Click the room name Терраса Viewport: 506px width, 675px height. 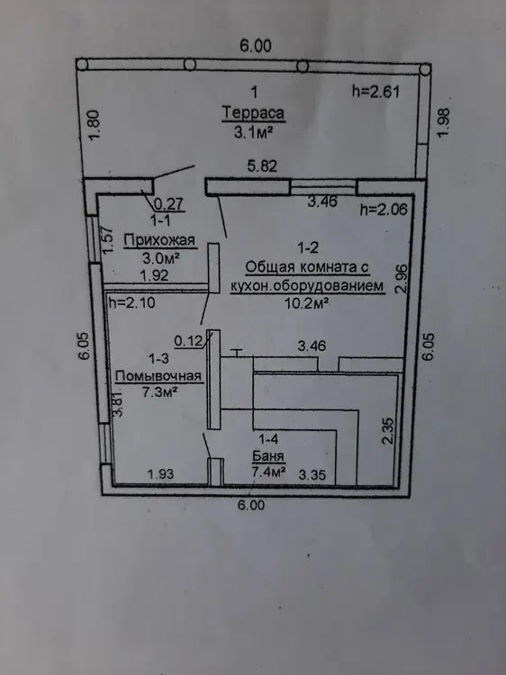253,113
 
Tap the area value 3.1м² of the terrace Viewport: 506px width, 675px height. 253,132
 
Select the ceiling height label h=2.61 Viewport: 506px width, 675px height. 376,92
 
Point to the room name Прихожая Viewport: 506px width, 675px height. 159,239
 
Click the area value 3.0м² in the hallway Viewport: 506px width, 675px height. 161,258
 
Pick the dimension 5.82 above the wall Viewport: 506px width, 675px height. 262,166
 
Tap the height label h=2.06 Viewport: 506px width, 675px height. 384,210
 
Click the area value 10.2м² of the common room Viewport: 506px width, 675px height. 307,303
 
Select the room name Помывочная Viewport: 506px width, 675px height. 158,376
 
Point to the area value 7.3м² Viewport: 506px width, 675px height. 160,392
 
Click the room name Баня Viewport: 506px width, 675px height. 268,456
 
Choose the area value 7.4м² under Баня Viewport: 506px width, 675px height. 269,472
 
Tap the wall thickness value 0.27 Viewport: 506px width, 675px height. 168,203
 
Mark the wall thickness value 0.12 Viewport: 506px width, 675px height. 188,341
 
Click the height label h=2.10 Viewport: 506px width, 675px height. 131,302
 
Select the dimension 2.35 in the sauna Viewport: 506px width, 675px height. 387,430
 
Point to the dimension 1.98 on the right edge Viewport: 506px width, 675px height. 444,122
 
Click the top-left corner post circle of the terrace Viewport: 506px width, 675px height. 82,65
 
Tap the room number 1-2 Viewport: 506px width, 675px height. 308,247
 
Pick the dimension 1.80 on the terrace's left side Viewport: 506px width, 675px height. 94,125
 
